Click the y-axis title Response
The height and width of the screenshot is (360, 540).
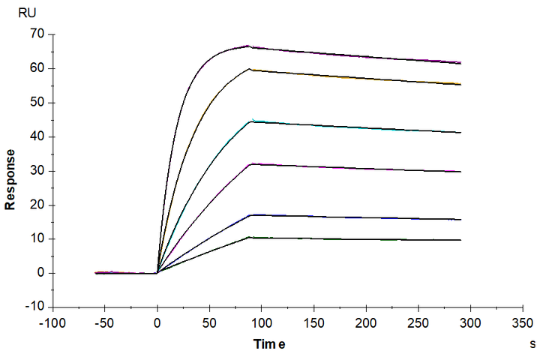(12, 178)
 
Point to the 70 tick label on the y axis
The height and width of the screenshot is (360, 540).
(36, 34)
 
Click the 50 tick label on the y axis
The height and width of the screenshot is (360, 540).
(36, 102)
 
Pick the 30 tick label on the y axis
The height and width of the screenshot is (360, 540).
(36, 170)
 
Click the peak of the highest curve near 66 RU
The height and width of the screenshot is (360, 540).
(249, 46)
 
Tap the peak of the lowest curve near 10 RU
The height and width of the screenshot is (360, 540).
(250, 237)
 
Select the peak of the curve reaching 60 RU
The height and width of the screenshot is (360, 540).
(250, 69)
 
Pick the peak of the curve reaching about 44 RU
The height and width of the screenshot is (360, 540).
(251, 121)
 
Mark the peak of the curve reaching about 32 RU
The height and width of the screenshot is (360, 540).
(251, 163)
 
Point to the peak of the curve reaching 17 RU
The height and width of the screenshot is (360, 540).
(251, 215)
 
